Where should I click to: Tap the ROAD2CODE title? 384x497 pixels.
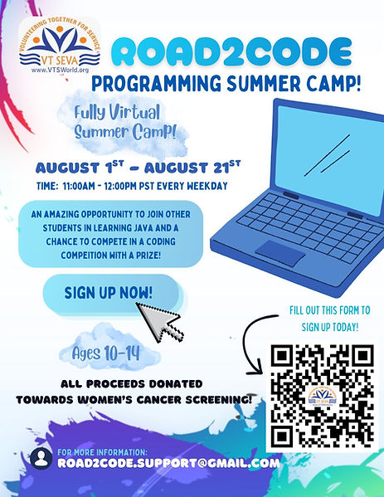(231, 52)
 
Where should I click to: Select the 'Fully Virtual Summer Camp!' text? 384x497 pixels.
(124, 122)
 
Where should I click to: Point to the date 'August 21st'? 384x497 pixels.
(192, 167)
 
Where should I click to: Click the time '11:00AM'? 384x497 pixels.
(79, 186)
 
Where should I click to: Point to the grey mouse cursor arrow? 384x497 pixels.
(160, 322)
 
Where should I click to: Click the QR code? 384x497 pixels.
(323, 397)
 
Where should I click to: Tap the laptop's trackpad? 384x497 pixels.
(280, 253)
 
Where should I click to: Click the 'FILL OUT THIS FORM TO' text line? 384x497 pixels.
(330, 310)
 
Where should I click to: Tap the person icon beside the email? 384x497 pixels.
(41, 458)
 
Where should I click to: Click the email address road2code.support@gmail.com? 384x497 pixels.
(168, 464)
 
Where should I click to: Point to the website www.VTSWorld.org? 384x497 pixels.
(60, 71)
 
